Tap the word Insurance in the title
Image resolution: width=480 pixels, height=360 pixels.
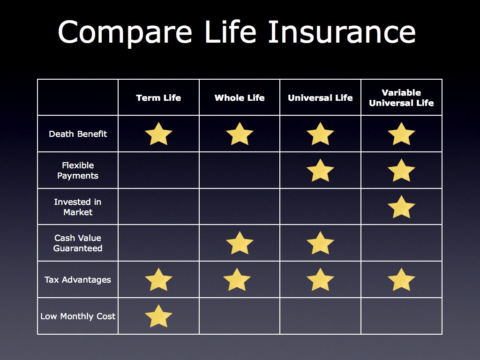[342, 31]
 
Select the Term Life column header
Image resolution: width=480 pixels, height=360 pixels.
[158, 97]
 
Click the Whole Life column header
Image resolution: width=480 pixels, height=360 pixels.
[240, 97]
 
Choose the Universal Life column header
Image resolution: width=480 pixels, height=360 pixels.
[320, 97]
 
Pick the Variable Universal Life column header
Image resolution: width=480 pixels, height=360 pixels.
[401, 97]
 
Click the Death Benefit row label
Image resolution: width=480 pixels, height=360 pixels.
[78, 134]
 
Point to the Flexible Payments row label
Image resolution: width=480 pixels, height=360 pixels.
[78, 170]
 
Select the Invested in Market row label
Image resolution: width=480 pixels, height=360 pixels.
[78, 207]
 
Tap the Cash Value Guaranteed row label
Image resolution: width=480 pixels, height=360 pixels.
[78, 243]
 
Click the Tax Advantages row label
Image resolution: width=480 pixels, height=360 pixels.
[78, 279]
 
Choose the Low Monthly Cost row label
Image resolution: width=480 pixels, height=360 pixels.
[78, 316]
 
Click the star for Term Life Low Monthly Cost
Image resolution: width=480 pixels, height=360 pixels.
[158, 316]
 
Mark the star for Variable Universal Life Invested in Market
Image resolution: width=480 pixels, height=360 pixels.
[401, 208]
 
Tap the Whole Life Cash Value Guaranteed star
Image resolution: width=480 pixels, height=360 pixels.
[240, 243]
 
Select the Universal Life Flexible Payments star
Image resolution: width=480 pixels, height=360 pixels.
[320, 171]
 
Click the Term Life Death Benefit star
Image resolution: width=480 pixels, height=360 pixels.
[158, 135]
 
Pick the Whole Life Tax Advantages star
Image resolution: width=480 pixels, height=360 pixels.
[237, 280]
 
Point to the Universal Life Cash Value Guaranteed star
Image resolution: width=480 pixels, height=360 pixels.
[320, 243]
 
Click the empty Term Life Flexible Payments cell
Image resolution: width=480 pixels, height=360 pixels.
[158, 170]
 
